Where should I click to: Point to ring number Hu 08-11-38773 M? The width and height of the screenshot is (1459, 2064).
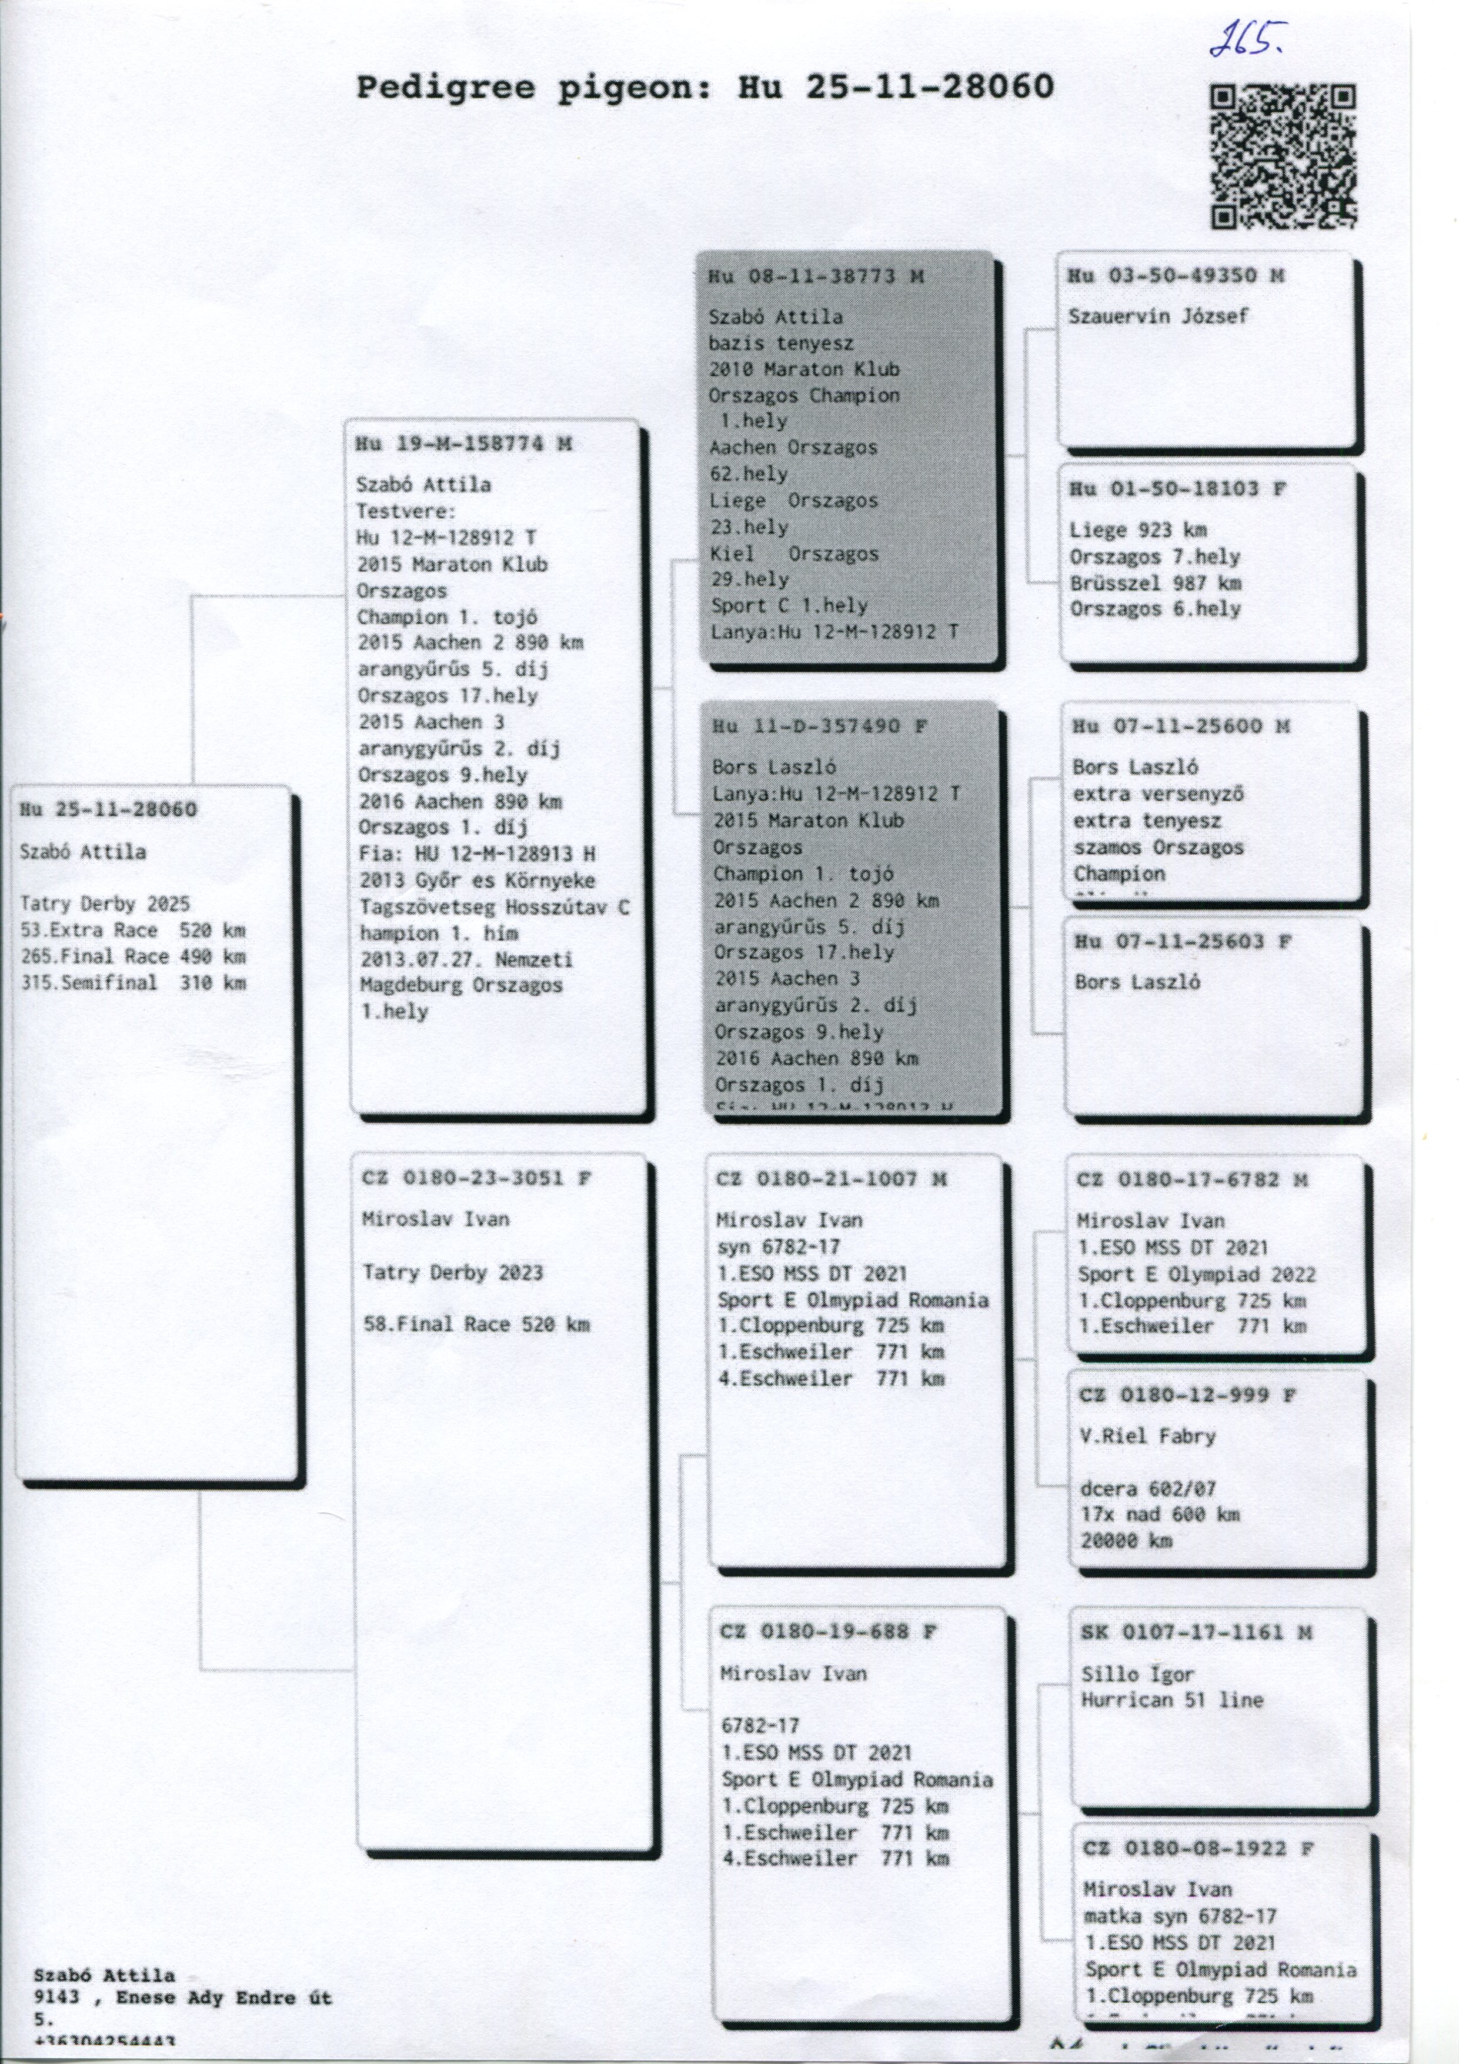click(x=815, y=277)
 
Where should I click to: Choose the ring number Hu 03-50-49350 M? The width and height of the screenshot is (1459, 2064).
click(x=1175, y=276)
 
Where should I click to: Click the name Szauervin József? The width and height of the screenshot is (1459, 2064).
click(x=1158, y=316)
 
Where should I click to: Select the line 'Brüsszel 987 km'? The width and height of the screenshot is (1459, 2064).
click(x=1155, y=582)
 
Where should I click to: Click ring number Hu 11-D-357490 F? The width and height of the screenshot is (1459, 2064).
click(x=819, y=726)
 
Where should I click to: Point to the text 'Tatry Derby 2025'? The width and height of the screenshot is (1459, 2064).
click(x=105, y=904)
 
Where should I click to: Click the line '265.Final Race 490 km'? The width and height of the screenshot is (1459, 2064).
click(x=133, y=956)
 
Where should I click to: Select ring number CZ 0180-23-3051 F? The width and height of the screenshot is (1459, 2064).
click(x=476, y=1179)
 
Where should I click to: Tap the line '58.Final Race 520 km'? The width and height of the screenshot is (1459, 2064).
click(x=476, y=1324)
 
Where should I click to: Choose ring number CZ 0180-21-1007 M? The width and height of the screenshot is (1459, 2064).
click(x=832, y=1179)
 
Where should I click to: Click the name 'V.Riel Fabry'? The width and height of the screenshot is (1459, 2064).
click(x=1147, y=1436)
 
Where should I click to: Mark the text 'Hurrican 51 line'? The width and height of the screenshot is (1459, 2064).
click(x=1172, y=1700)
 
